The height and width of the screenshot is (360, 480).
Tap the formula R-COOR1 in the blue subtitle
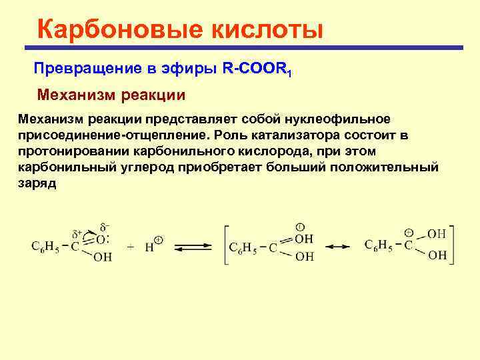coord(259,69)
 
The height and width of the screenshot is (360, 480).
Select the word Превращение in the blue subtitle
coord(84,69)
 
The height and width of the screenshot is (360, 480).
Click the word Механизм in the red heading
coord(75,94)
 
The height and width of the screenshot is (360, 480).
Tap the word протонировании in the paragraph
coord(73,151)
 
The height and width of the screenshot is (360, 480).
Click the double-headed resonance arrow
coord(338,246)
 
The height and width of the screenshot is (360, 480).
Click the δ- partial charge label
coord(104,227)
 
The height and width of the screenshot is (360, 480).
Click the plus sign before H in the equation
coord(131,246)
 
